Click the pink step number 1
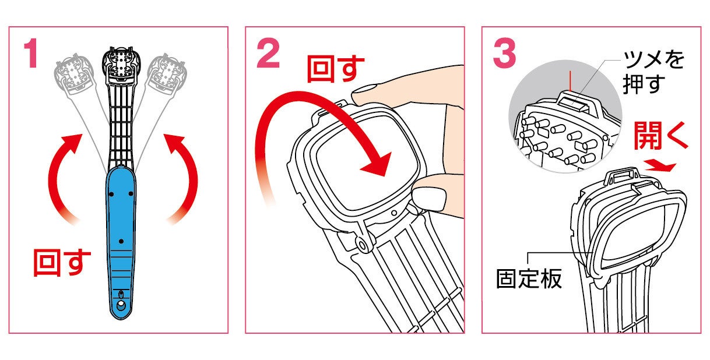click(31, 53)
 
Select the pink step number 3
click(505, 53)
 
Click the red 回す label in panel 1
click(62, 262)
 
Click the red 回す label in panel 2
click(336, 69)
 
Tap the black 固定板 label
click(529, 278)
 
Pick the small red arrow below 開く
click(660, 165)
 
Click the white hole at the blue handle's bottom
click(121, 306)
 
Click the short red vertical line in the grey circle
click(570, 81)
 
